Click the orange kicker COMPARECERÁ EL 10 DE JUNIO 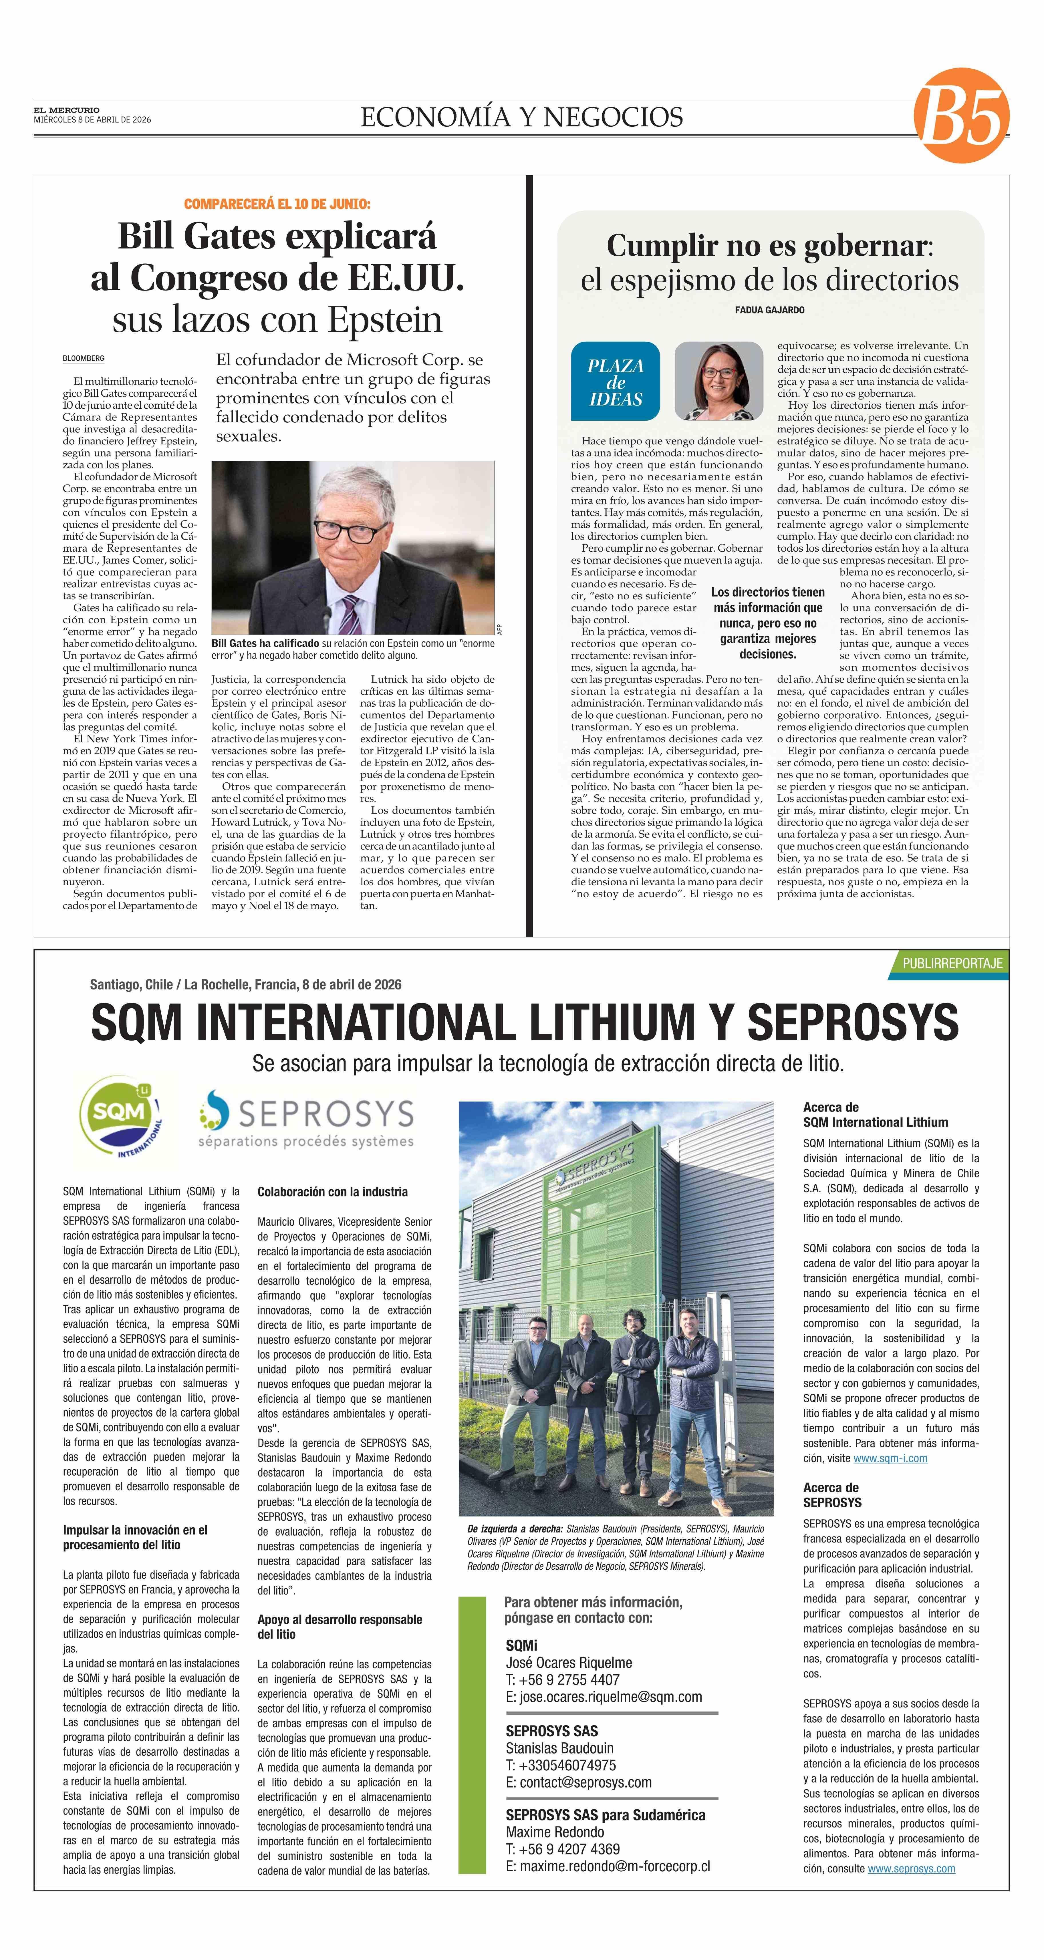[x=277, y=204]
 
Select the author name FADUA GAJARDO [x=769, y=310]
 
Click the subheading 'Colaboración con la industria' [x=333, y=1192]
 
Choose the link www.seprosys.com [x=911, y=1869]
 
